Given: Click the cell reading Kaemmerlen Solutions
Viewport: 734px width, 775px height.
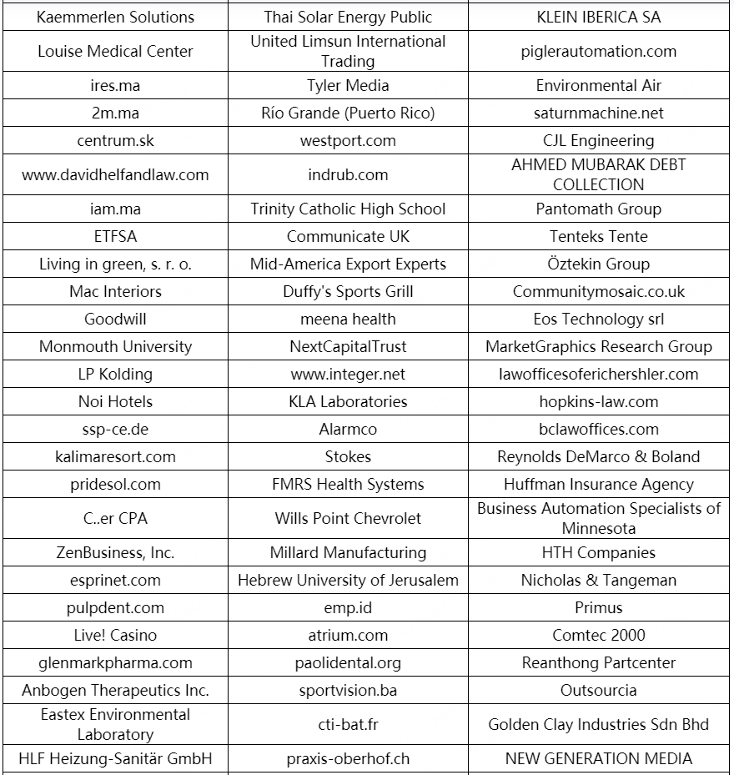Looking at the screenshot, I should (115, 17).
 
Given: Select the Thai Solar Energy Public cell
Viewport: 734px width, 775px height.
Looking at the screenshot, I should (348, 17).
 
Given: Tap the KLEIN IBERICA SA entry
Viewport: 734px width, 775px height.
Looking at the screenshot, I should (598, 17).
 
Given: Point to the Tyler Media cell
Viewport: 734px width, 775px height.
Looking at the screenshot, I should (348, 85).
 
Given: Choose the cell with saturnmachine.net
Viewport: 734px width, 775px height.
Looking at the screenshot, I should (598, 113).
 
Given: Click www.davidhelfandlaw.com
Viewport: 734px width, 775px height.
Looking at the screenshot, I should (115, 174).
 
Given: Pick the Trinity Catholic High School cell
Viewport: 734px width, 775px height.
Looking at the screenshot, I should (348, 209).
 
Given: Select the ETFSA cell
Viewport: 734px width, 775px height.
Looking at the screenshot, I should (115, 236).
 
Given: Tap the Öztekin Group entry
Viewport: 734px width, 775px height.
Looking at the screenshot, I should (598, 264).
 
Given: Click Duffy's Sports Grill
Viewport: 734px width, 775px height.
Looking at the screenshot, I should (348, 291).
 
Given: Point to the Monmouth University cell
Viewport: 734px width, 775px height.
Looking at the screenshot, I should (115, 346).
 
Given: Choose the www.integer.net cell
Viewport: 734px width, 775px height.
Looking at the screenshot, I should (348, 374).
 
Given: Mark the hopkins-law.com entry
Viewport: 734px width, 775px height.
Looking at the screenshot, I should (598, 401).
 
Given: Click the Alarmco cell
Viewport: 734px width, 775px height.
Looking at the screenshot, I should (348, 429).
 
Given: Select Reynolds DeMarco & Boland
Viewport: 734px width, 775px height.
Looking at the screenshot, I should (598, 456).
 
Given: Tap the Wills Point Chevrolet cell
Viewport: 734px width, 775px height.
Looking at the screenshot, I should (348, 518).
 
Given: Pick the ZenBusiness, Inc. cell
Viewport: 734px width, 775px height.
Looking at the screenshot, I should (115, 552).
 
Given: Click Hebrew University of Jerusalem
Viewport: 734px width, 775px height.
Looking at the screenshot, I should (348, 580).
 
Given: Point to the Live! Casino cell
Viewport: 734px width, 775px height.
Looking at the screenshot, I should (115, 635).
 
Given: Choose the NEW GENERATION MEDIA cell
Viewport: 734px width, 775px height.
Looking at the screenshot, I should (598, 758).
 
